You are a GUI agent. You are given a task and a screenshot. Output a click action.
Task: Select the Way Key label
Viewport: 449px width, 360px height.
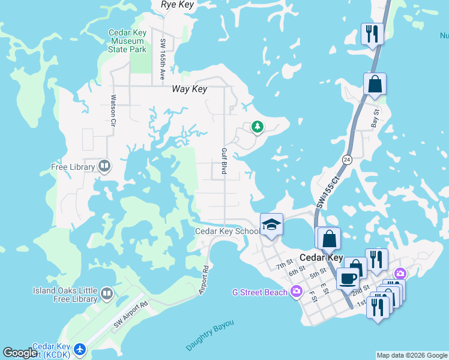pyautogui.click(x=189, y=89)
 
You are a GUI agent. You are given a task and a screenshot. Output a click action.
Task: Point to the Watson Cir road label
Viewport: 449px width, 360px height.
pyautogui.click(x=112, y=112)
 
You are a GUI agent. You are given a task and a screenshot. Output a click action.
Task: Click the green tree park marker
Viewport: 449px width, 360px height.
pyautogui.click(x=258, y=127)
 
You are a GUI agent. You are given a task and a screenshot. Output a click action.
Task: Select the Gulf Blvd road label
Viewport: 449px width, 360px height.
pyautogui.click(x=224, y=161)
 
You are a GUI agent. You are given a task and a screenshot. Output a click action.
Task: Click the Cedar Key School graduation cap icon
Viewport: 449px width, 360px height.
pyautogui.click(x=271, y=224)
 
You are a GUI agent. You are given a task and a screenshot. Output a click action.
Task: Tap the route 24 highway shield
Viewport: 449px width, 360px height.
pyautogui.click(x=347, y=160)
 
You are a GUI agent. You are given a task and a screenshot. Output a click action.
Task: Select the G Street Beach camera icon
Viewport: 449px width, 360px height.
pyautogui.click(x=296, y=292)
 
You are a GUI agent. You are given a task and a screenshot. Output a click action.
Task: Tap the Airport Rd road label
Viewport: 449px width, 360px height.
pyautogui.click(x=204, y=280)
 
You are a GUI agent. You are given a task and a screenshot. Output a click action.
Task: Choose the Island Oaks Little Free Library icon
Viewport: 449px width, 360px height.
pyautogui.click(x=107, y=294)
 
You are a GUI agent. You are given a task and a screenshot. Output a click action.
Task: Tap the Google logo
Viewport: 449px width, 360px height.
pyautogui.click(x=20, y=353)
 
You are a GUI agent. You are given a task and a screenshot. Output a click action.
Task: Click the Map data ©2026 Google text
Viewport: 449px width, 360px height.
pyautogui.click(x=412, y=355)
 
